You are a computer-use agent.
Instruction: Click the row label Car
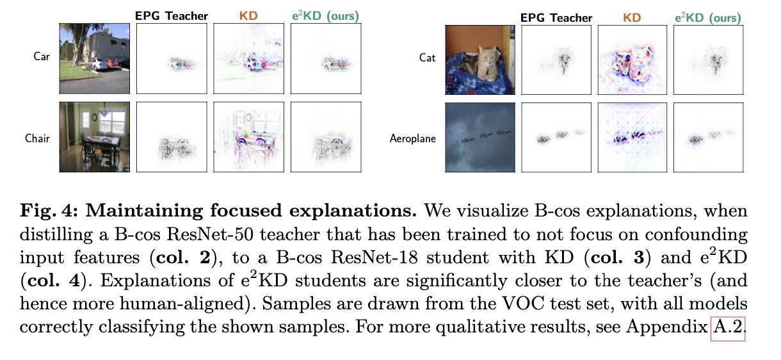point(42,56)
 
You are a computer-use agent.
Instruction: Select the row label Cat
point(427,58)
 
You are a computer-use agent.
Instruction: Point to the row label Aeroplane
point(413,138)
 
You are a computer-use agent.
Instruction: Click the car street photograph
point(95,59)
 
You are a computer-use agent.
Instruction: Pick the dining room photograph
point(95,137)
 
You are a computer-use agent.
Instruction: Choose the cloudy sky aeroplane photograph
point(479,137)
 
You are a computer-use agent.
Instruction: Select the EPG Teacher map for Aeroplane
point(556,137)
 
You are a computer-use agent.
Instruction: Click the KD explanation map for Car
point(249,59)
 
